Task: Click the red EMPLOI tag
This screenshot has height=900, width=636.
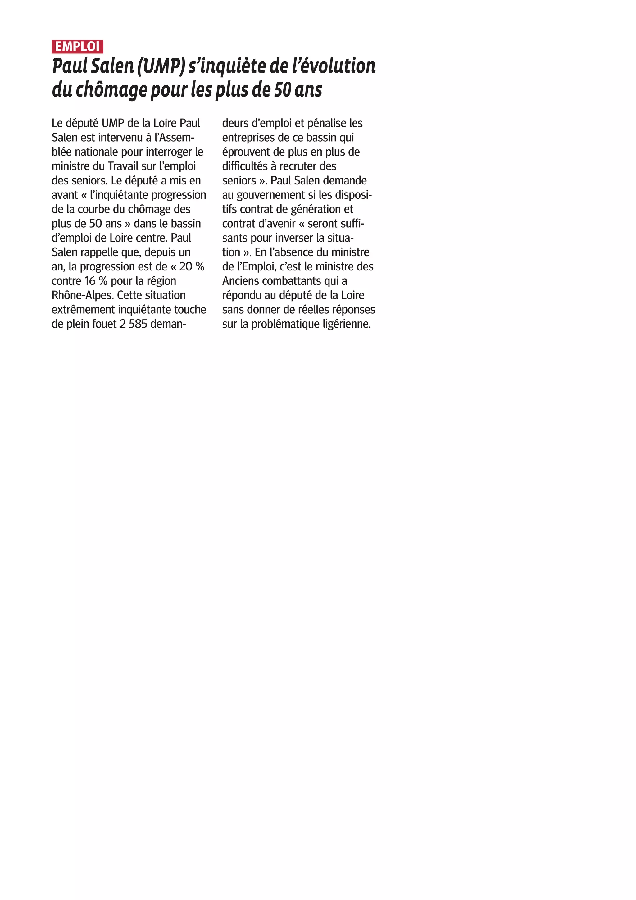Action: (x=77, y=47)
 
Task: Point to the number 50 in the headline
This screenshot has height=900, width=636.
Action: (x=282, y=90)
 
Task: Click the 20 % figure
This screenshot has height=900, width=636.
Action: (x=192, y=266)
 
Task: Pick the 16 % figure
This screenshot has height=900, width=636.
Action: (x=96, y=281)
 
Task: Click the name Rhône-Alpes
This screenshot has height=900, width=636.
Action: (x=82, y=295)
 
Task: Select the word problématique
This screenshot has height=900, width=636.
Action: (x=285, y=324)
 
